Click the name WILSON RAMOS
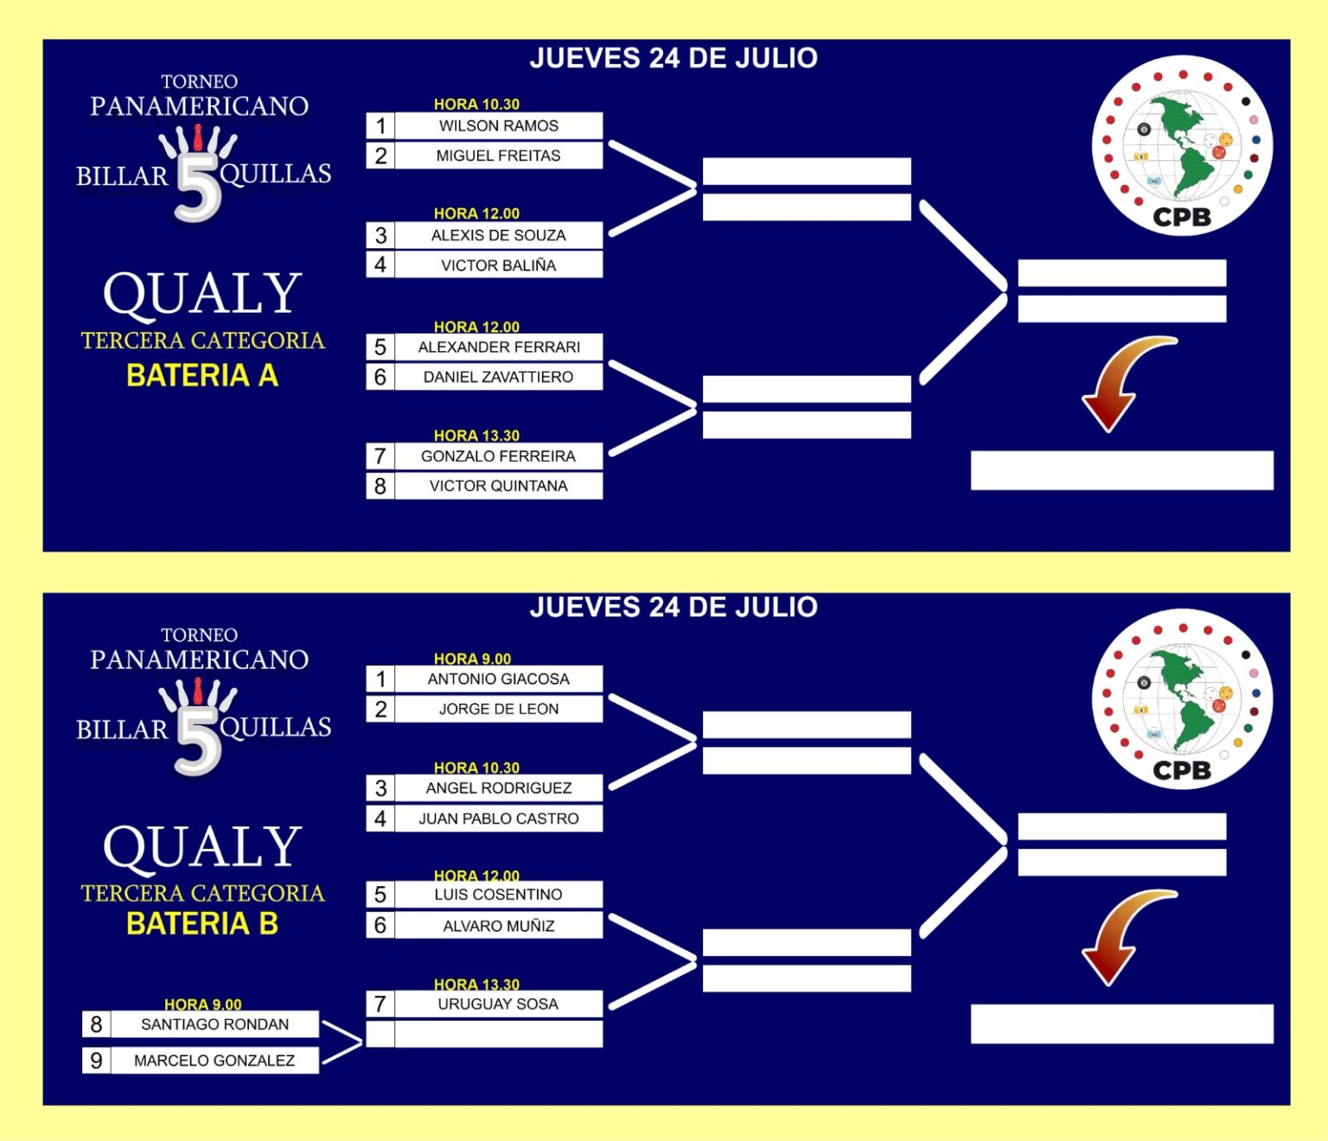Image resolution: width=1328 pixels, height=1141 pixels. pos(499,126)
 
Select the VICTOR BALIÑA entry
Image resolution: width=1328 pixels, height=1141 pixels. pos(499,265)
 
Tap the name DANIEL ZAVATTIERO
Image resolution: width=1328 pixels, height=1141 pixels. pos(499,377)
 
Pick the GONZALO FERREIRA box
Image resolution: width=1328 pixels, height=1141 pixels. pos(499,456)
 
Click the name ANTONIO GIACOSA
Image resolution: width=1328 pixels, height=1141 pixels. pos(499,679)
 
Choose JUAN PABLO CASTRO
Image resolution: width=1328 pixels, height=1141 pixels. pos(499,819)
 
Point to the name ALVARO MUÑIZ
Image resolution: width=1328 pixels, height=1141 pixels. pos(499,926)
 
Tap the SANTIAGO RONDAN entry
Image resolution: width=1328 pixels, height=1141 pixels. pos(214,1024)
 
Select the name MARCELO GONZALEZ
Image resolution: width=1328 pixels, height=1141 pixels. pos(214,1060)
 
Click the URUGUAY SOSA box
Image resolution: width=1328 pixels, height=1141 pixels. pos(499,1004)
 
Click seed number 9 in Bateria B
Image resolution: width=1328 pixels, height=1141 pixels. pos(96,1060)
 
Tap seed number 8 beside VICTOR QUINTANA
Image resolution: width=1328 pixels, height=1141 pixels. pos(380,486)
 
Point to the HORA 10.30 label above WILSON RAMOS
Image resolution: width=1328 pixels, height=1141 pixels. pos(476,104)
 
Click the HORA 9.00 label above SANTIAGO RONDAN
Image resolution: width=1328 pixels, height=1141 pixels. pos(203,1004)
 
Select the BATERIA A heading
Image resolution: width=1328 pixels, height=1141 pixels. pos(202,376)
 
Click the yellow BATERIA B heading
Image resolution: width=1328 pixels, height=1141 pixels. pos(202,924)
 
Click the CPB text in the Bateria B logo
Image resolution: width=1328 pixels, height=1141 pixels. pos(1182,770)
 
